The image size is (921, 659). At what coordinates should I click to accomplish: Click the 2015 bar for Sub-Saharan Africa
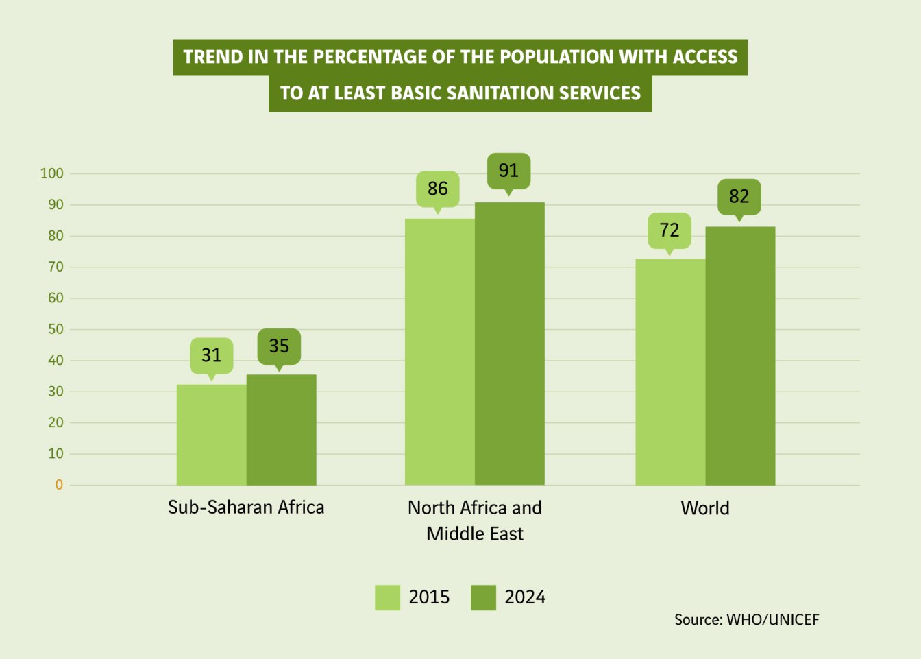[x=211, y=435]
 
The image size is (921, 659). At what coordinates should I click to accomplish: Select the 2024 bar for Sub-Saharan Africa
[x=281, y=430]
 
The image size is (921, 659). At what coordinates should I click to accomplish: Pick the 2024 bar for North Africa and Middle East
[x=509, y=344]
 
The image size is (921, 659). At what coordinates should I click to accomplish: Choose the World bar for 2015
[x=670, y=372]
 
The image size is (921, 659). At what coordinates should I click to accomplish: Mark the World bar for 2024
[x=740, y=356]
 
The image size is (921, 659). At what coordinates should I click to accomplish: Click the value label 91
[x=508, y=171]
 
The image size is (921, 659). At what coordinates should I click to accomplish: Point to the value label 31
[x=211, y=355]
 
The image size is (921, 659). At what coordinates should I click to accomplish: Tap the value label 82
[x=739, y=197]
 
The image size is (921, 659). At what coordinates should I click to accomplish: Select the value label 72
[x=670, y=230]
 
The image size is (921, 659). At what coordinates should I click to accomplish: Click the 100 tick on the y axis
[x=52, y=173]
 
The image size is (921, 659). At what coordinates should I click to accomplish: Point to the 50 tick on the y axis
[x=56, y=329]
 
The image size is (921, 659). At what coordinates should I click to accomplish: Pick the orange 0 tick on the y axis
[x=59, y=485]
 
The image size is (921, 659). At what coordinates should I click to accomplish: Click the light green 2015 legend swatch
[x=387, y=597]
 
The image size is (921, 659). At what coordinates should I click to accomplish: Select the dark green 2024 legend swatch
[x=483, y=597]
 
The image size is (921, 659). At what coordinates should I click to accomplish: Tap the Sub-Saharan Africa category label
[x=246, y=507]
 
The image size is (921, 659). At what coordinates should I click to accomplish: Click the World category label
[x=705, y=508]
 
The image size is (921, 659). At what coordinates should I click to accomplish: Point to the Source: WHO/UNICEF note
[x=746, y=620]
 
